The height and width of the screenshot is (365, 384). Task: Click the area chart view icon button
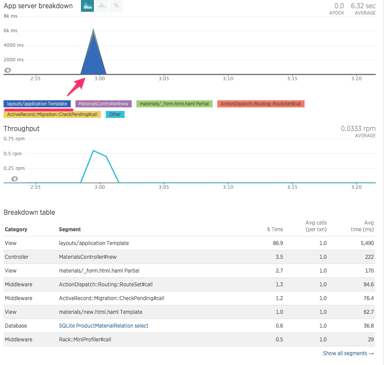pyautogui.click(x=87, y=6)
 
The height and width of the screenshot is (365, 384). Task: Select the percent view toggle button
pyautogui.click(x=116, y=6)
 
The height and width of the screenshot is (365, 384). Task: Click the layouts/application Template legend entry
pyautogui.click(x=37, y=104)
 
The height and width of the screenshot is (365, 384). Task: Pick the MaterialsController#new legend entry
pyautogui.click(x=103, y=104)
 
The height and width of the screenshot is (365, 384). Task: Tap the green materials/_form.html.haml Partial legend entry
pyautogui.click(x=174, y=104)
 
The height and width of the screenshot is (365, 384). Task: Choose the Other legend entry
pyautogui.click(x=115, y=114)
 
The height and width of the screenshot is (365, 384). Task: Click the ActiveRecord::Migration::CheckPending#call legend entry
pyautogui.click(x=52, y=114)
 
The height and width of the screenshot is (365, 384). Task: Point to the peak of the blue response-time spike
pyautogui.click(x=93, y=29)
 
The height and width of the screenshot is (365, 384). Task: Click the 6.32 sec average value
pyautogui.click(x=363, y=6)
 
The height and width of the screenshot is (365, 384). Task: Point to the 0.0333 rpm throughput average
pyautogui.click(x=358, y=129)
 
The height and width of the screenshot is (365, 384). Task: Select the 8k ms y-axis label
pyautogui.click(x=10, y=16)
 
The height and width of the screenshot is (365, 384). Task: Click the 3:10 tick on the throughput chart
pyautogui.click(x=228, y=187)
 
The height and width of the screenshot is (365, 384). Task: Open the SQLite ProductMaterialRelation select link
pyautogui.click(x=103, y=326)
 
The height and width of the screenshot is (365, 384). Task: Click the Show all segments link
pyautogui.click(x=348, y=353)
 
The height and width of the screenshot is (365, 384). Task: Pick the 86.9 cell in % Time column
pyautogui.click(x=277, y=243)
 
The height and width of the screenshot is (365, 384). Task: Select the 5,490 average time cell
pyautogui.click(x=367, y=243)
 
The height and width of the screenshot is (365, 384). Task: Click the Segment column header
pyautogui.click(x=70, y=229)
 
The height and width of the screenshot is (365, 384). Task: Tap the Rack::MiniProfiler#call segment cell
pyautogui.click(x=85, y=339)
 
